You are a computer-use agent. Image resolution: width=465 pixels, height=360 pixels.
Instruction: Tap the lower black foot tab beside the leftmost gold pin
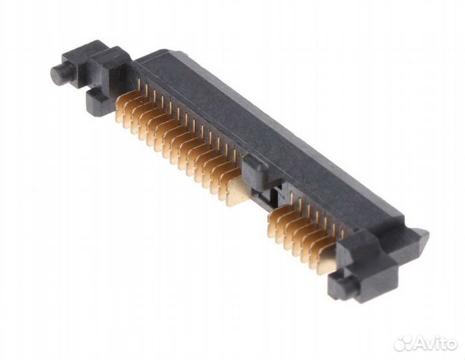point(95,99)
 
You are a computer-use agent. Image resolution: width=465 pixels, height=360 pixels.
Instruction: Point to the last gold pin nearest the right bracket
point(326,262)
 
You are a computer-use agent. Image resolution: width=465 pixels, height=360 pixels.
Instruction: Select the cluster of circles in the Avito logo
point(406,342)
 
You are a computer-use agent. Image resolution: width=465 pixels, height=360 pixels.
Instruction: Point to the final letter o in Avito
point(453,343)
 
